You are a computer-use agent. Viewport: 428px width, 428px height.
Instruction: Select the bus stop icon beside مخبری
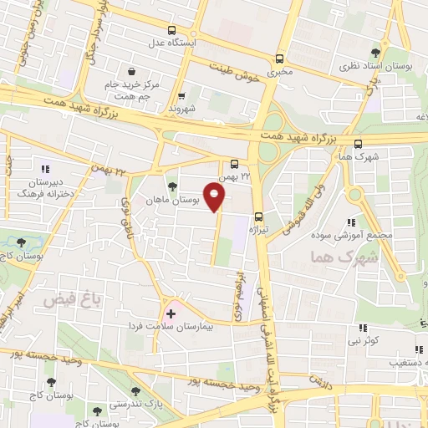280,59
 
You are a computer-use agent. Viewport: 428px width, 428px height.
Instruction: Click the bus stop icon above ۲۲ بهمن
235,164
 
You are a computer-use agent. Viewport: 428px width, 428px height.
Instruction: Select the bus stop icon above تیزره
258,217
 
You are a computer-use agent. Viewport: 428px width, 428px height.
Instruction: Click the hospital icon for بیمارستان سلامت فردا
171,313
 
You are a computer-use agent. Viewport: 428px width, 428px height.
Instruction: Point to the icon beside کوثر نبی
363,329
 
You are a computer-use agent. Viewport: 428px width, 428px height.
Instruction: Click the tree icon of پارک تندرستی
135,391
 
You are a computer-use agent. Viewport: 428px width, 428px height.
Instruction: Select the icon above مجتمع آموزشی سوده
351,222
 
